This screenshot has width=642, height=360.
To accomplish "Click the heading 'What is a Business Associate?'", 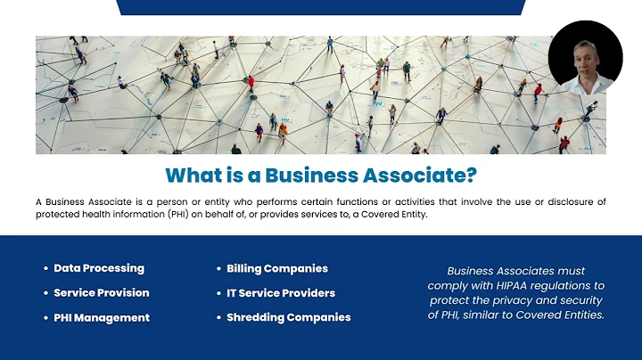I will pyautogui.click(x=320, y=172).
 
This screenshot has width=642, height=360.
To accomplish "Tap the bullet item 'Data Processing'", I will pyautogui.click(x=99, y=268).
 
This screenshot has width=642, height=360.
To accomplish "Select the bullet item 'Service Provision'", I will pyautogui.click(x=102, y=292).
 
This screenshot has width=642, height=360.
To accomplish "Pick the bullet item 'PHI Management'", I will pyautogui.click(x=102, y=317).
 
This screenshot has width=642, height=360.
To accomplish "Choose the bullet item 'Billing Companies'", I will pyautogui.click(x=277, y=268).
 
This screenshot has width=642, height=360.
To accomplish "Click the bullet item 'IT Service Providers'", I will pyautogui.click(x=281, y=292).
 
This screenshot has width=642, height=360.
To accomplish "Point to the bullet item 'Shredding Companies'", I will pyautogui.click(x=289, y=317).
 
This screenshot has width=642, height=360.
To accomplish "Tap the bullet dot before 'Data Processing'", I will pyautogui.click(x=45, y=268).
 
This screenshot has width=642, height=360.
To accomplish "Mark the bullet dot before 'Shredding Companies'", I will pyautogui.click(x=218, y=317).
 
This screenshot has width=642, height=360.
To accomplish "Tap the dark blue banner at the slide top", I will pyautogui.click(x=320, y=6).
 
